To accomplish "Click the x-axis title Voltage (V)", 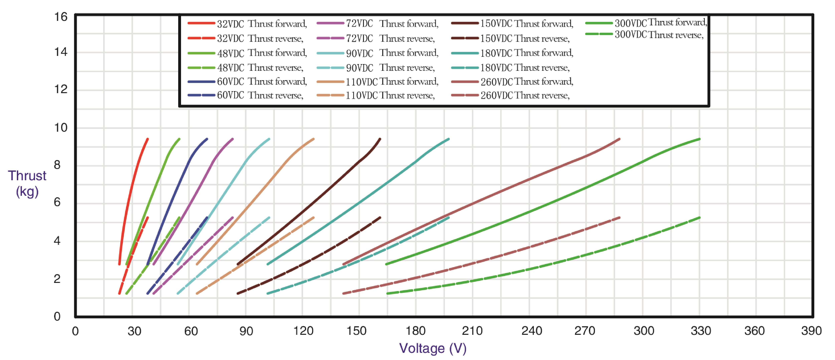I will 433,348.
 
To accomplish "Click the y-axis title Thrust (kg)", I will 27,183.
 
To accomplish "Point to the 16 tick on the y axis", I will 61,17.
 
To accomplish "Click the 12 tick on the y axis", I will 61,89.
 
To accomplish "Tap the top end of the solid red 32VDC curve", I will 148,139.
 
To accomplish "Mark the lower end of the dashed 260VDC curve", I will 344,293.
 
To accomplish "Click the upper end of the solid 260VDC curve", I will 619,139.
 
